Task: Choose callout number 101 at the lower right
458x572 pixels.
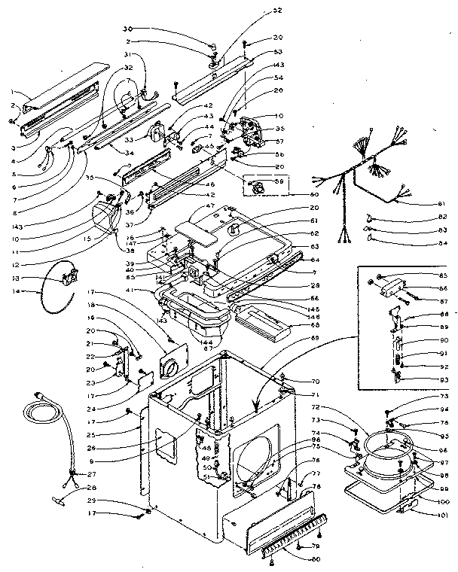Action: click(x=444, y=516)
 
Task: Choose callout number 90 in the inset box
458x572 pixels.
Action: click(x=444, y=339)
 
